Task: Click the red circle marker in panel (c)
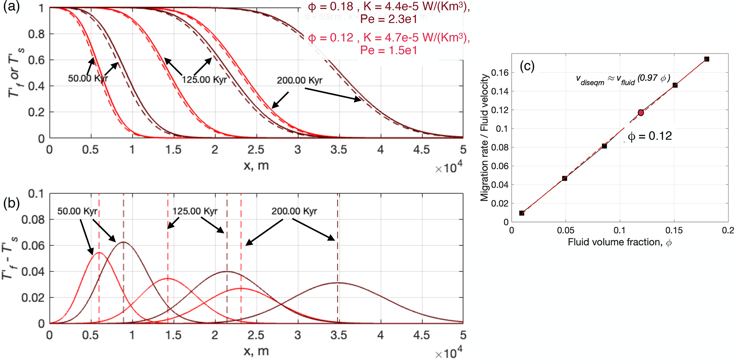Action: [641, 113]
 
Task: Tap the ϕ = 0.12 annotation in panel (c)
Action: [650, 136]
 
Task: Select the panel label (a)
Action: [11, 7]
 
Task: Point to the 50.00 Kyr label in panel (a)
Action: [88, 78]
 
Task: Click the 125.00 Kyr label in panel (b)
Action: [195, 211]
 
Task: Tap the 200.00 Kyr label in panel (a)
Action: [300, 80]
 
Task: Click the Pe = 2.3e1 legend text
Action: [388, 19]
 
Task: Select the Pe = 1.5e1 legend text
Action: [388, 50]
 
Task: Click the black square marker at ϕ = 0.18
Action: [707, 59]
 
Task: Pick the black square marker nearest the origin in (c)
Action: [522, 213]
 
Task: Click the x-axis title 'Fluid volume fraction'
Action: [620, 242]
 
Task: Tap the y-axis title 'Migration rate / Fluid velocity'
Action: [485, 138]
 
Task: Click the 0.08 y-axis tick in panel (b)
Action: [33, 220]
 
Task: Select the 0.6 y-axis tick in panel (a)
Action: [36, 60]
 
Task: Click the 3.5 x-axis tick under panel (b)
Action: [338, 335]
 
